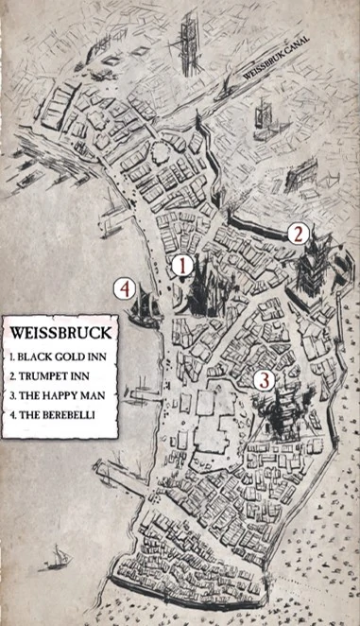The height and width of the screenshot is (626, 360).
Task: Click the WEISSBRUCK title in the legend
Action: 60,334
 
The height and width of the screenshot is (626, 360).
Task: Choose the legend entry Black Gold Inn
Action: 57,359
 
